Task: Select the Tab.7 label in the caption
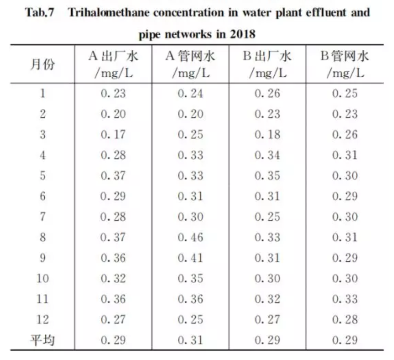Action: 40,12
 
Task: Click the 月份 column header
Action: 43,64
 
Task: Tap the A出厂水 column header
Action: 113,64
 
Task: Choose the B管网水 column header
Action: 345,64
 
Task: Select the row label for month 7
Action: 43,217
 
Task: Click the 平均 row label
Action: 43,340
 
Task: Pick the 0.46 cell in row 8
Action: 191,238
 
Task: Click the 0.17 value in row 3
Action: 113,135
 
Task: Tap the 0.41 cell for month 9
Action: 191,258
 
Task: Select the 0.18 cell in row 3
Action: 267,135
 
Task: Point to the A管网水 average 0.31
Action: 191,340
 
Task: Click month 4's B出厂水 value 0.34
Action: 267,155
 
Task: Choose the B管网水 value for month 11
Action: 345,299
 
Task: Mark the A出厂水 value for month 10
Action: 113,279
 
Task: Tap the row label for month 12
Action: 43,320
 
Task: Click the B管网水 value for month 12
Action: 345,320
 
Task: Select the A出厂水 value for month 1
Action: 113,94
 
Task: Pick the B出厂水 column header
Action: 267,64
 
